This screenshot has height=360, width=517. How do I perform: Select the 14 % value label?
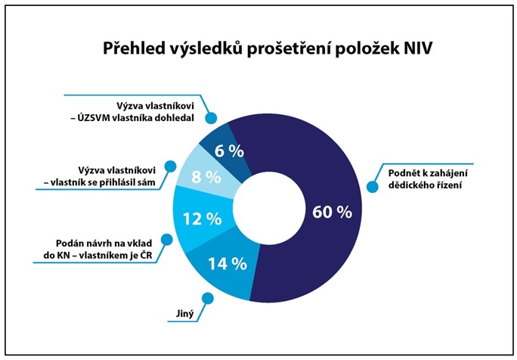(228, 264)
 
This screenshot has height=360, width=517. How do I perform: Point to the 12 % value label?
(203, 219)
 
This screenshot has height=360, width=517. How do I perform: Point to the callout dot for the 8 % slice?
(172, 166)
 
